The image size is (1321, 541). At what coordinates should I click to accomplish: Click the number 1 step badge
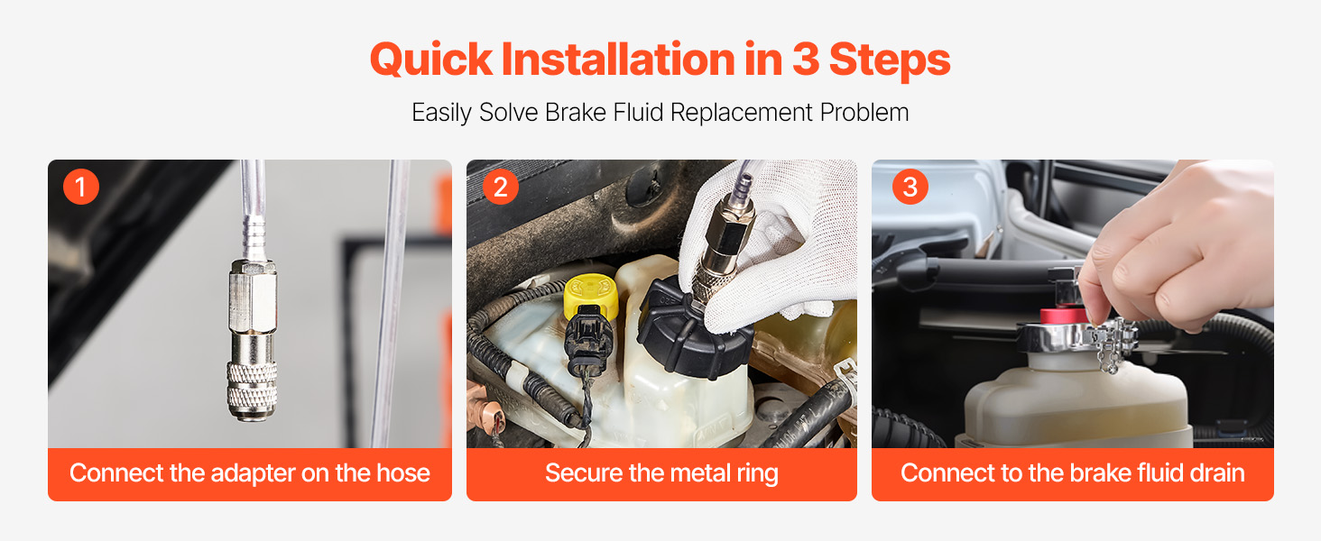(x=81, y=187)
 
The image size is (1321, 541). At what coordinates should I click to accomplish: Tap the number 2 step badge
(x=500, y=187)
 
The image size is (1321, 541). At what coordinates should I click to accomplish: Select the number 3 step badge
(x=910, y=187)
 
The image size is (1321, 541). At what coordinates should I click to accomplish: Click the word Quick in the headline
(x=431, y=60)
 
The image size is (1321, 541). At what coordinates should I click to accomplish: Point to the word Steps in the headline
(x=890, y=60)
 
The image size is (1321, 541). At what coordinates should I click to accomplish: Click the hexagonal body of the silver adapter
(x=253, y=298)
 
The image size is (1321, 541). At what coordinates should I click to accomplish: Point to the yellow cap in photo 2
(x=591, y=298)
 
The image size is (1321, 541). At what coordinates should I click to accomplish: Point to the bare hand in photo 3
(x=1174, y=248)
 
